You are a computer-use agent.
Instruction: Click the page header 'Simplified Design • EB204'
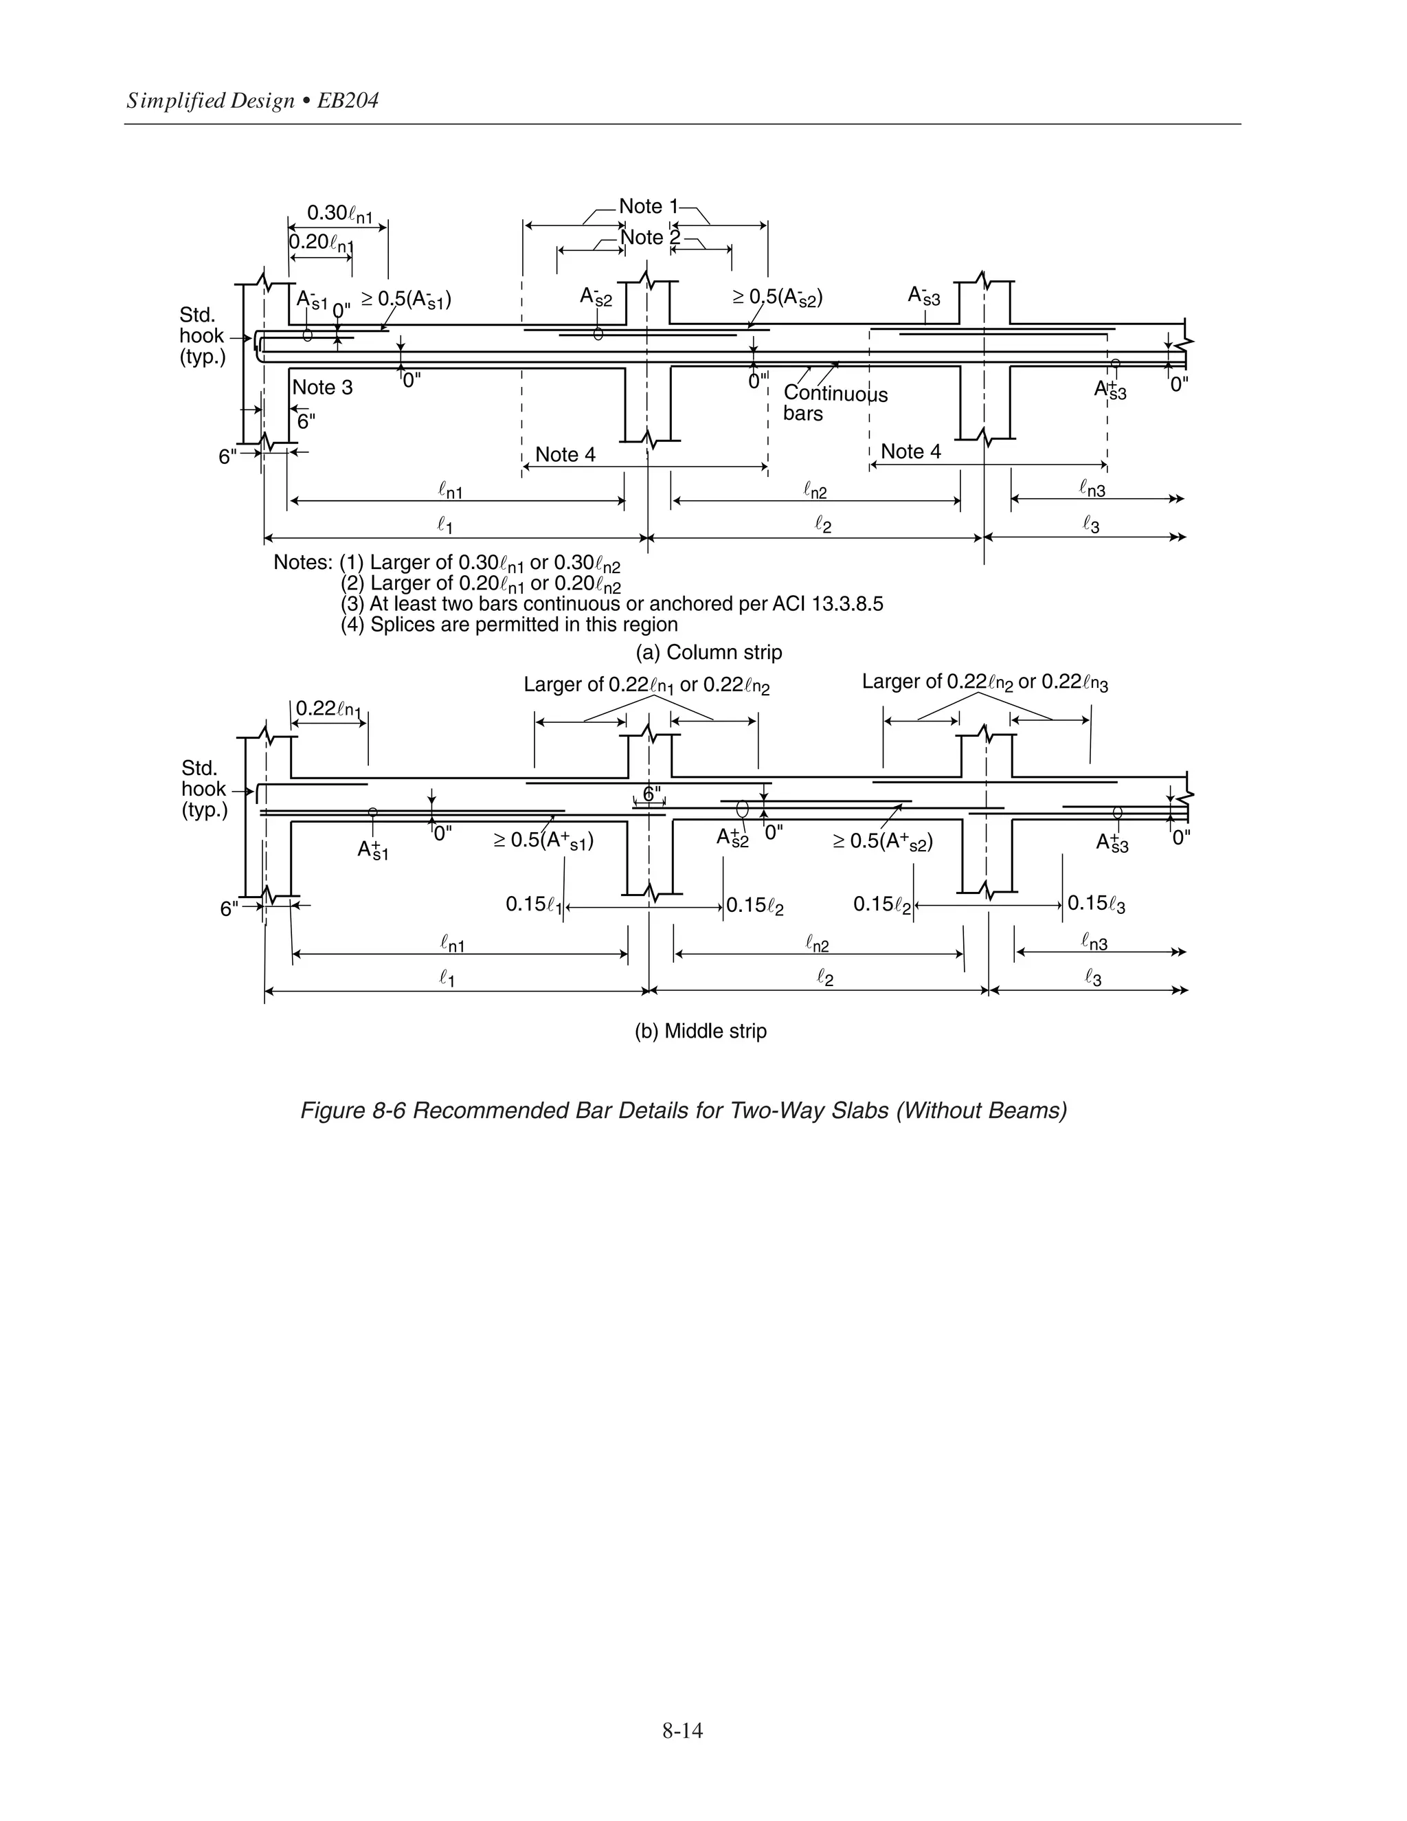click(x=253, y=101)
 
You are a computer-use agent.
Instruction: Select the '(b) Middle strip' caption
click(x=700, y=1031)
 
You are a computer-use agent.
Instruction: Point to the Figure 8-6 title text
click(x=684, y=1110)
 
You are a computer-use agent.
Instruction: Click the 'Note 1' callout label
click(x=648, y=206)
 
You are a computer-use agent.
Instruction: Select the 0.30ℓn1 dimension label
click(x=339, y=214)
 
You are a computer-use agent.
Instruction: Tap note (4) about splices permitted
click(x=509, y=625)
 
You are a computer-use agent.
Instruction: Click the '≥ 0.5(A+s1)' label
click(x=543, y=840)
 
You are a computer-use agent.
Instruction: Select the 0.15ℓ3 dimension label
click(x=1096, y=904)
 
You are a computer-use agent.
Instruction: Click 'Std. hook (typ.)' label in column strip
click(x=202, y=336)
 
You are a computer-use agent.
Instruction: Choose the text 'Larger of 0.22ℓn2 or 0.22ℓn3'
click(x=984, y=682)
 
